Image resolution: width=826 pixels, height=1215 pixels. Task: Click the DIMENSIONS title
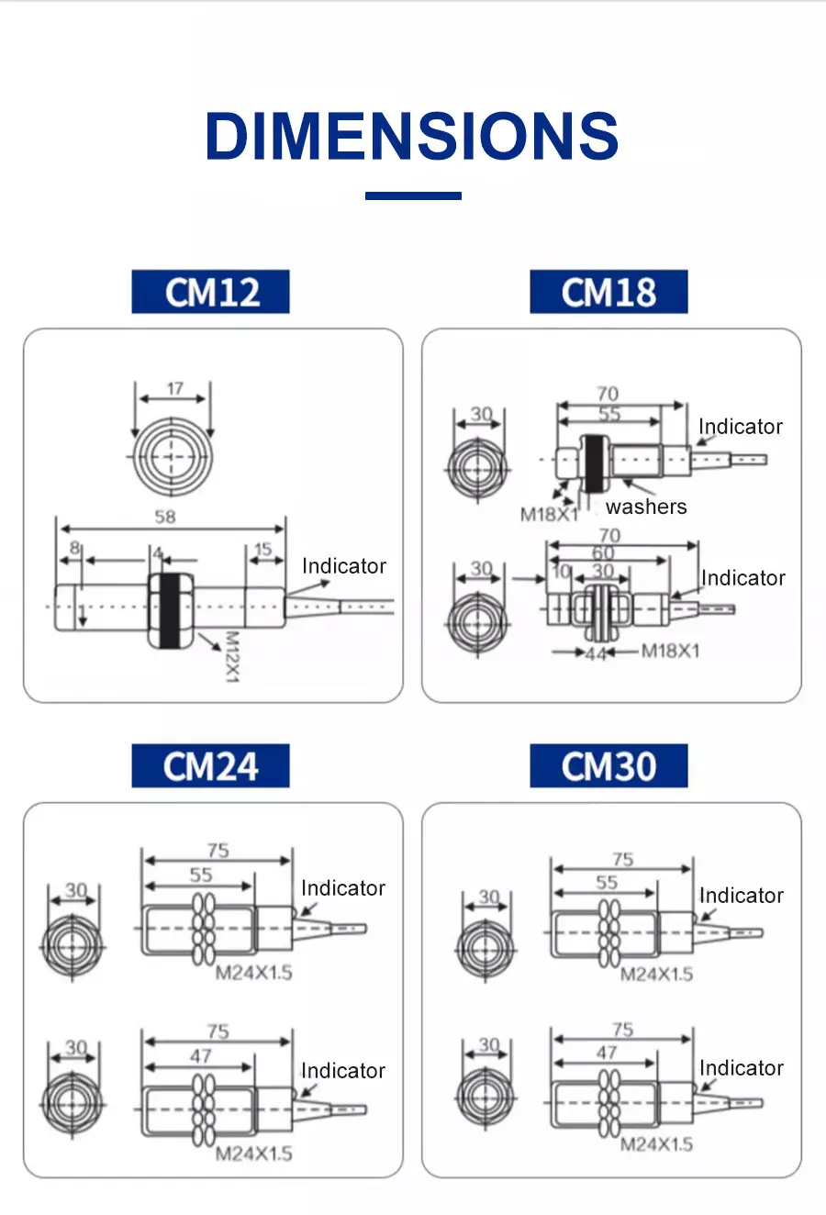click(412, 136)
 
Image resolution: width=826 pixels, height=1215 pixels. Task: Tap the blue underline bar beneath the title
click(413, 195)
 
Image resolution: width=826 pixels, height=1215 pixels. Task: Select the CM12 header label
click(210, 292)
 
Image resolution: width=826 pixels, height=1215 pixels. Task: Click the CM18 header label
click(608, 292)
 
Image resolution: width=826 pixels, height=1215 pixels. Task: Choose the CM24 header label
click(210, 766)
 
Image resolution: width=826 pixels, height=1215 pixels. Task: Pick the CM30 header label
click(608, 766)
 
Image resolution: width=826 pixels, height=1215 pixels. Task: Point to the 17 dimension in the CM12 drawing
click(174, 388)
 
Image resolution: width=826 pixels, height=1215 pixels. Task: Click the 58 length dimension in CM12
click(165, 517)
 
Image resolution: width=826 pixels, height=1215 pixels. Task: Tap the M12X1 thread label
click(231, 656)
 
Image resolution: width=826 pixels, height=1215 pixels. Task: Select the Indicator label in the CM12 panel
click(344, 566)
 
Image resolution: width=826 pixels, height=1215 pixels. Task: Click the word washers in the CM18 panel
click(646, 507)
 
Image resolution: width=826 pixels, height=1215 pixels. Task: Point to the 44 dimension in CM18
click(597, 653)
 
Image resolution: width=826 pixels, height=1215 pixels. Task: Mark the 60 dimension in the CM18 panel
click(603, 552)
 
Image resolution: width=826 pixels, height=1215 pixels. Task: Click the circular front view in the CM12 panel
click(173, 456)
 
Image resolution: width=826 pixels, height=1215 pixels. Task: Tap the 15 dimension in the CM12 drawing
click(263, 550)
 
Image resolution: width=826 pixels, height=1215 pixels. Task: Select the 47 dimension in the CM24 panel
click(201, 1056)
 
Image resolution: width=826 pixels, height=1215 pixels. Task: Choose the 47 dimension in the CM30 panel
click(607, 1053)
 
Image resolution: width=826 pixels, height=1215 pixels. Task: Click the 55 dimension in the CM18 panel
click(609, 414)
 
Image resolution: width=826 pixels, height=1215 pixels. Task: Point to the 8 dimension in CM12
click(75, 548)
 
